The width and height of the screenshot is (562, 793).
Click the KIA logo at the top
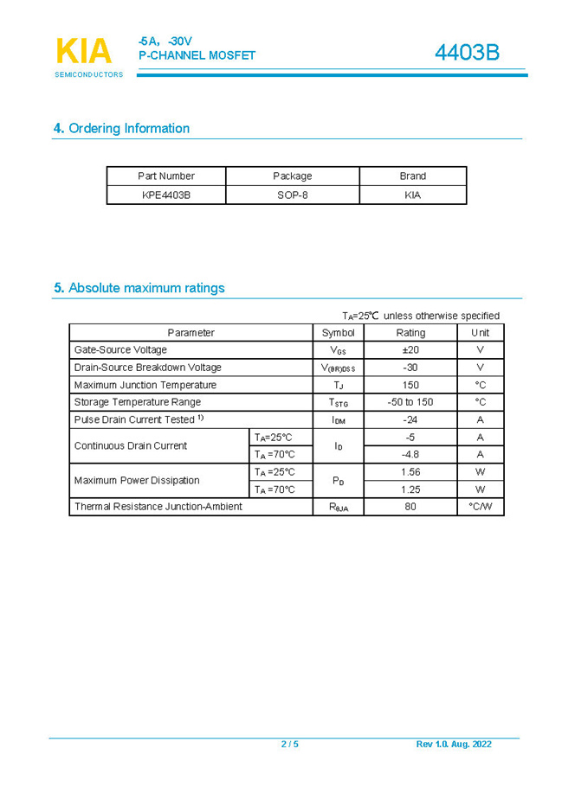85,53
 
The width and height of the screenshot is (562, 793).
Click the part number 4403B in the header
467,53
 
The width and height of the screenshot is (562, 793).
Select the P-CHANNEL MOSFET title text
197,55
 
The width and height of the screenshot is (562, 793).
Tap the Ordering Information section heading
122,129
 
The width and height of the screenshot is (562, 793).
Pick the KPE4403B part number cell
166,195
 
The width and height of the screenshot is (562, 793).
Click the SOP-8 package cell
293,195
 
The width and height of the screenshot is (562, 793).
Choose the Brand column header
412,176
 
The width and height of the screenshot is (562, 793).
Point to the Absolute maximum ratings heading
139,288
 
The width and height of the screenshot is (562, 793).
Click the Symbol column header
338,333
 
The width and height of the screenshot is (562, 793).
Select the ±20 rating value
410,350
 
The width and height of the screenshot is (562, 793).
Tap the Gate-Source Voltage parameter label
120,350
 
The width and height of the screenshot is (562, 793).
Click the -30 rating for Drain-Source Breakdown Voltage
410,368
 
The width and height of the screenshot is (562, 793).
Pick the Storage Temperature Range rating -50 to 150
410,402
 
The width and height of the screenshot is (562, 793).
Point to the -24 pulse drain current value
410,419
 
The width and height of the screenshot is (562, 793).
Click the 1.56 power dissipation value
410,472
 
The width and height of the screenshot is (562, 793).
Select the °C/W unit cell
480,507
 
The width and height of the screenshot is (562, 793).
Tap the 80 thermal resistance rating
410,507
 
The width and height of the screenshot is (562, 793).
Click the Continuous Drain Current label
131,446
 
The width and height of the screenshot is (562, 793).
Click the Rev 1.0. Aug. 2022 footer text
454,745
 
